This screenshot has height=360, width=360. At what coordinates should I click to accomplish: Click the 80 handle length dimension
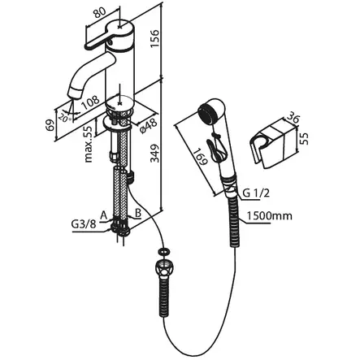tap(101, 12)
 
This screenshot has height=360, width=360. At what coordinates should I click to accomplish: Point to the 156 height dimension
tap(155, 38)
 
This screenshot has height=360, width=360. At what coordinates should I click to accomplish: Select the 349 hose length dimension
tap(155, 154)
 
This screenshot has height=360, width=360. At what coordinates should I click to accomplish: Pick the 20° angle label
tap(66, 118)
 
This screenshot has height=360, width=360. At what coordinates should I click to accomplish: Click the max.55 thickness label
tap(89, 145)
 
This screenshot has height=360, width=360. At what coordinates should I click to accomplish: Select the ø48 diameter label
tap(148, 126)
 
